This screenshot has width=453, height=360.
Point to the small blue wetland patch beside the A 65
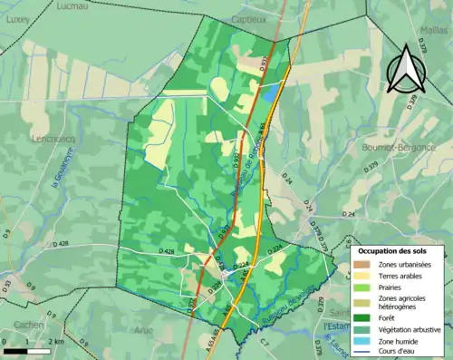(x=271, y=92)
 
